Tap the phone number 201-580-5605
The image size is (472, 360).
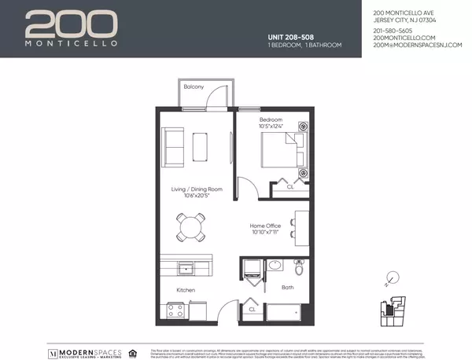point(391,31)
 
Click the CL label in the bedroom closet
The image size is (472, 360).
point(290,187)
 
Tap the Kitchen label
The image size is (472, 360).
point(186,290)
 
